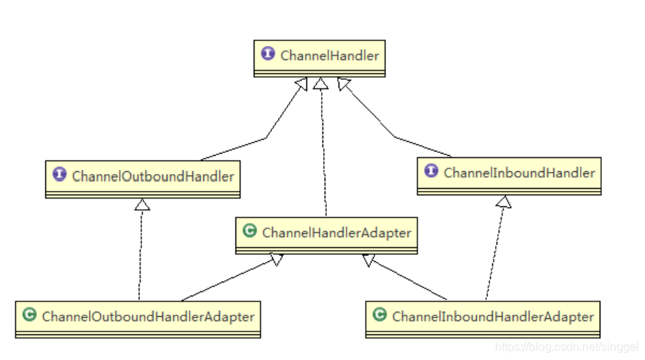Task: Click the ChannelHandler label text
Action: [x=330, y=55]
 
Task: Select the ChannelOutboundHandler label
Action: [x=153, y=176]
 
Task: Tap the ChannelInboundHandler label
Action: [x=519, y=173]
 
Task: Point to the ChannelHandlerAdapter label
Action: [x=336, y=233]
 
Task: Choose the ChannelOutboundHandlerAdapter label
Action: [x=148, y=317]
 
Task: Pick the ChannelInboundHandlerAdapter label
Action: [x=493, y=317]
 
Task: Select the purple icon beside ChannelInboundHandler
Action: [x=431, y=173]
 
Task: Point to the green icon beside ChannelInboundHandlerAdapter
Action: [x=380, y=316]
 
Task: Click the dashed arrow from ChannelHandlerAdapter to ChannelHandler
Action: [x=320, y=146]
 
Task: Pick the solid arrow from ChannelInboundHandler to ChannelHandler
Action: [x=395, y=136]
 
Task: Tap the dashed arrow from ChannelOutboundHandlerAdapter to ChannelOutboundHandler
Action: [x=141, y=249]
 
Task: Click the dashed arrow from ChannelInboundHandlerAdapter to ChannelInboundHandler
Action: [x=494, y=249]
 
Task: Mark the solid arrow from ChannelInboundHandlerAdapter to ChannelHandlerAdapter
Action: [x=406, y=277]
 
